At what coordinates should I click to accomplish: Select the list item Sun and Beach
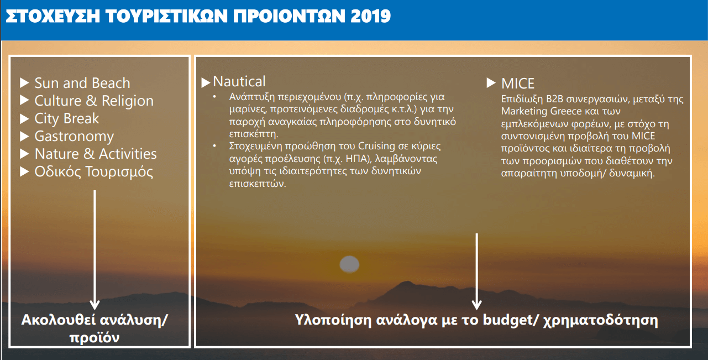pos(82,83)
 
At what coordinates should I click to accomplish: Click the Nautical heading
pos(239,82)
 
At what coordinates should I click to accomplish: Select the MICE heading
pos(518,84)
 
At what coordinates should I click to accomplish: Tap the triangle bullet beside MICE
pos(491,83)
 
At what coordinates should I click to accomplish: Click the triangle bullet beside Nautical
pos(206,83)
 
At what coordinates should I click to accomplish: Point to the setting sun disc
pos(349,264)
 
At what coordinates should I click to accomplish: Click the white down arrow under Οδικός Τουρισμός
pos(95,250)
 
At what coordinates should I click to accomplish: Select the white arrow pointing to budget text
pos(476,272)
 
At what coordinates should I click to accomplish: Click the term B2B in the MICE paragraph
pos(555,100)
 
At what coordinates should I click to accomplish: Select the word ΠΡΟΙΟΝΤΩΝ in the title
pos(289,16)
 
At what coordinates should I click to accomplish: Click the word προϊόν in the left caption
pos(95,338)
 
